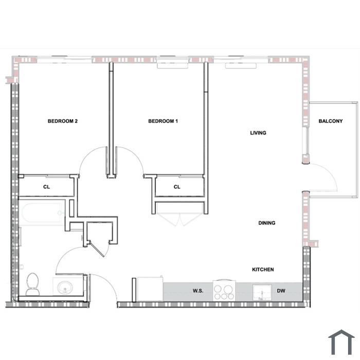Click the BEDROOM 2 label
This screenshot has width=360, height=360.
tap(62, 121)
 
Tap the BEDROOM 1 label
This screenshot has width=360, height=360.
tap(163, 121)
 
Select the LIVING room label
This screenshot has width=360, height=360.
tap(258, 133)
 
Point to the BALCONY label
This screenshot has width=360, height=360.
tap(330, 121)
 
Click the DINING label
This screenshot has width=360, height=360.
tap(266, 223)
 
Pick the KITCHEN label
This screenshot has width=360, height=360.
tap(263, 269)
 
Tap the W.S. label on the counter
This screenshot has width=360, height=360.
tap(198, 291)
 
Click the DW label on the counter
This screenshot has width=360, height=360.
tap(281, 291)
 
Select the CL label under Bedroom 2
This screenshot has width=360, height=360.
tap(46, 187)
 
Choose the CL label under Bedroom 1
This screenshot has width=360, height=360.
tap(177, 187)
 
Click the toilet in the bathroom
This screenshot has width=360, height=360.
tap(32, 284)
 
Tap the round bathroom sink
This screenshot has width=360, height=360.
tap(65, 287)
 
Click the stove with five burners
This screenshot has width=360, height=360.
tap(224, 291)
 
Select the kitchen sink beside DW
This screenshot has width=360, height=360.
tap(262, 292)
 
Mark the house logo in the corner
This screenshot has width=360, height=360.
tap(341, 343)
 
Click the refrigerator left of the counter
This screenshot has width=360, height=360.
tap(150, 289)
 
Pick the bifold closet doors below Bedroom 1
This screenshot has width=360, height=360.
tap(180, 220)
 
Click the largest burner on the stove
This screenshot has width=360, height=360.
tap(228, 289)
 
